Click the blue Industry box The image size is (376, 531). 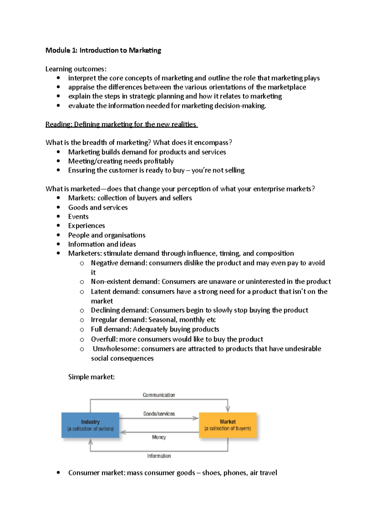90,425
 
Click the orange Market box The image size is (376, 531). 228,425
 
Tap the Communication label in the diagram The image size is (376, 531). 159,395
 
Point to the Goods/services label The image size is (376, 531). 159,414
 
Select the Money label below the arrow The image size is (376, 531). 159,437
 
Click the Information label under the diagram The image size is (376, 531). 159,456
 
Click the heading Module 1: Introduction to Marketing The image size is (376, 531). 103,50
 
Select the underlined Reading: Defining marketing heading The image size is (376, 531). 122,124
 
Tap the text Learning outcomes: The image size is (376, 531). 76,69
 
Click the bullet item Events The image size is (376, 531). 78,217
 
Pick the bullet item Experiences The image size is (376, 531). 86,226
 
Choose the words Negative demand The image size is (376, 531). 118,263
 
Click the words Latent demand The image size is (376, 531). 115,292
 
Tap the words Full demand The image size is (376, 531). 111,329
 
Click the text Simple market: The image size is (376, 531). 91,377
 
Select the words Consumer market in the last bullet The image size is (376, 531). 97,473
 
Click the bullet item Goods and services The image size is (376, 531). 98,208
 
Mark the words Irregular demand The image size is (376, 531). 118,320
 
